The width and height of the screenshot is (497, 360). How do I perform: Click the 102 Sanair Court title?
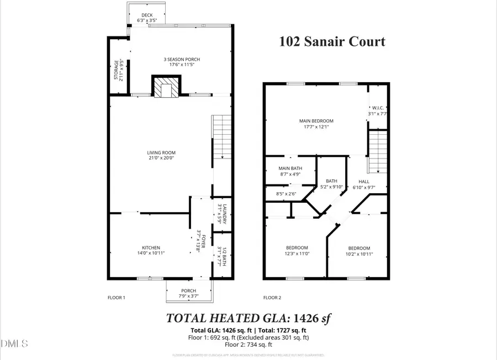pyautogui.click(x=332, y=41)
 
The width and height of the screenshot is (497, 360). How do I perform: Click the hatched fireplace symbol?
pyautogui.click(x=166, y=88)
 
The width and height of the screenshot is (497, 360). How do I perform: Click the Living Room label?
pyautogui.click(x=161, y=156)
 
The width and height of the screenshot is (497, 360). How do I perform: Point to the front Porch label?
pyautogui.click(x=189, y=294)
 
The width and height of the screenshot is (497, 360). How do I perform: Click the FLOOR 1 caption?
pyautogui.click(x=116, y=298)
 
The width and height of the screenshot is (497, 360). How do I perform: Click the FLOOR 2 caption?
pyautogui.click(x=272, y=298)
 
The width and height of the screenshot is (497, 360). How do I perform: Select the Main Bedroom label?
pyautogui.click(x=316, y=124)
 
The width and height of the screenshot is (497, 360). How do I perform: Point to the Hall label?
pyautogui.click(x=364, y=184)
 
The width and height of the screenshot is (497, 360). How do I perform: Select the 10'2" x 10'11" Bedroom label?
pyautogui.click(x=359, y=251)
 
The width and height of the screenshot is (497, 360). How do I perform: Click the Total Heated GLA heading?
pyautogui.click(x=248, y=319)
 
